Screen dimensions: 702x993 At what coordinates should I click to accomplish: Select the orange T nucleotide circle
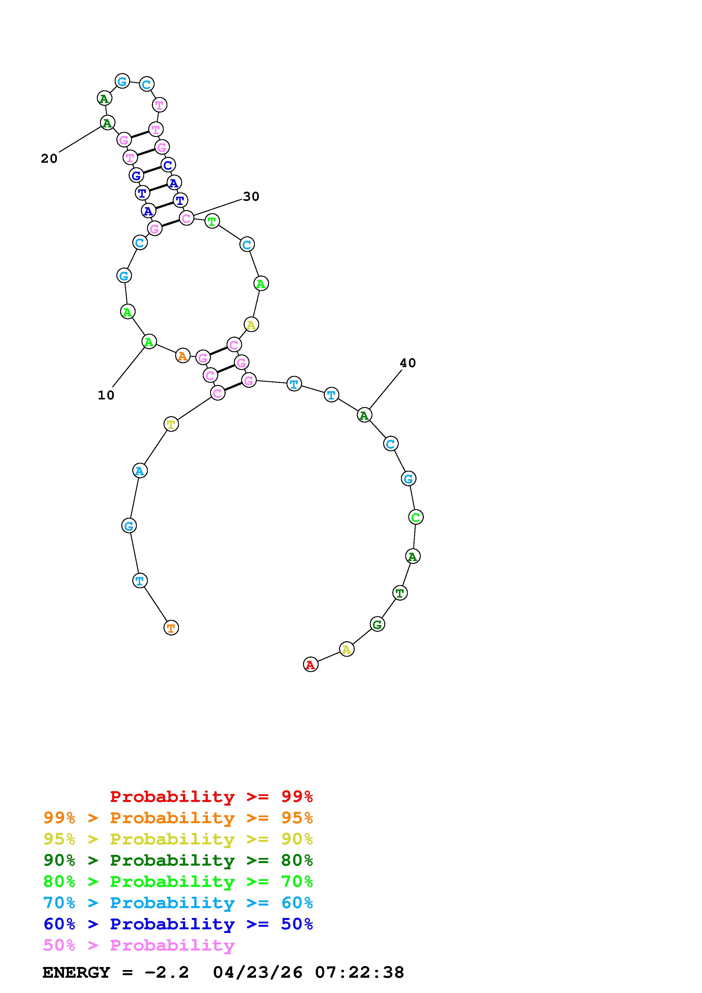pos(171,628)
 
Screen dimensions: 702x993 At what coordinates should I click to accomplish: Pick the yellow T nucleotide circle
pos(171,424)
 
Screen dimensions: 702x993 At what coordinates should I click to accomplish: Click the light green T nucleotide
pos(212,221)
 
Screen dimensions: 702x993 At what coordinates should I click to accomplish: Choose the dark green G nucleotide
pos(377,624)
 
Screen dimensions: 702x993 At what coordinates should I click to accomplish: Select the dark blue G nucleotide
pos(136,175)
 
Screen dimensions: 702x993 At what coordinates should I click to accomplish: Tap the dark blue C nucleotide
pos(168,165)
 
